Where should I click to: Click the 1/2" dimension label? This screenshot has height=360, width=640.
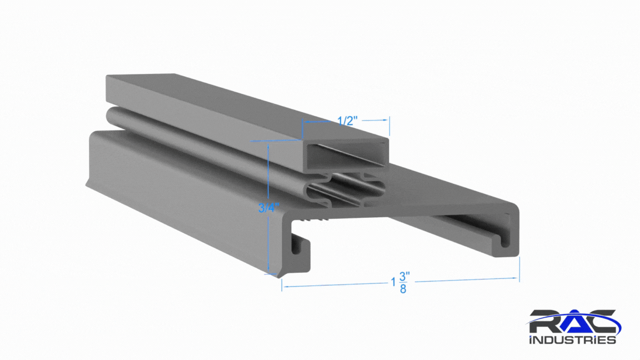pos(347,121)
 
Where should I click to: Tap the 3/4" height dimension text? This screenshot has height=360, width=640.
pos(268,208)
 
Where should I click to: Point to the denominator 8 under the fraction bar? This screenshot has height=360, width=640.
pos(403,289)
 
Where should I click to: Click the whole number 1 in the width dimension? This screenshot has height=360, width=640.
pos(393,282)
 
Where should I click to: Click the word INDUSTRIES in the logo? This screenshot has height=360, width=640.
pos(572,339)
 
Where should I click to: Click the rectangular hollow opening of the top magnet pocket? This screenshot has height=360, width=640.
pos(347,156)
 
